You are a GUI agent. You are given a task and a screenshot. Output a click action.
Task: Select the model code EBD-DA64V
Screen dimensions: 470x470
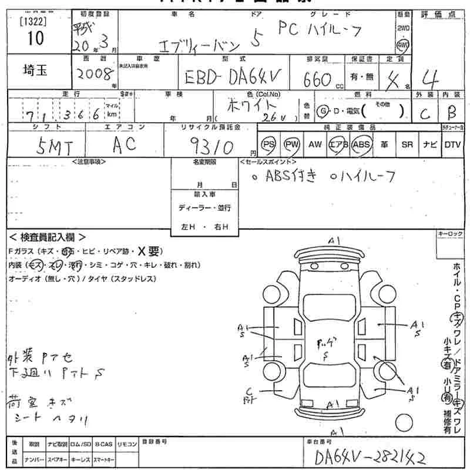click(232, 77)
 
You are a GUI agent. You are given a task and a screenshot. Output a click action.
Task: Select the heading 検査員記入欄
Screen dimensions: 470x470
click(47, 237)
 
